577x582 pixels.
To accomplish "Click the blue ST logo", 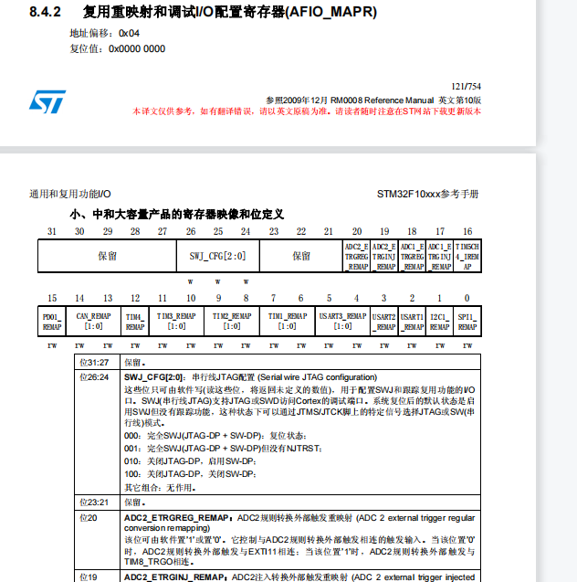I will click(x=47, y=101).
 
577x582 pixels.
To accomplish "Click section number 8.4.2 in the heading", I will click(x=43, y=12).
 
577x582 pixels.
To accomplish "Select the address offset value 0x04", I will click(x=129, y=33).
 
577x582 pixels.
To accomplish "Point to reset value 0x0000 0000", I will click(x=137, y=48).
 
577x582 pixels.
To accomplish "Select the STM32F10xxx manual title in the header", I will click(x=427, y=195).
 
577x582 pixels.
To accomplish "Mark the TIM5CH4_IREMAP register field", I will click(x=467, y=256).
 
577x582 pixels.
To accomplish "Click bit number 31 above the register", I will click(x=52, y=231).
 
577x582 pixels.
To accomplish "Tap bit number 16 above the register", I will click(x=467, y=231).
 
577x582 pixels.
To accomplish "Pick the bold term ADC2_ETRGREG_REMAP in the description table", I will click(x=174, y=517).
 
